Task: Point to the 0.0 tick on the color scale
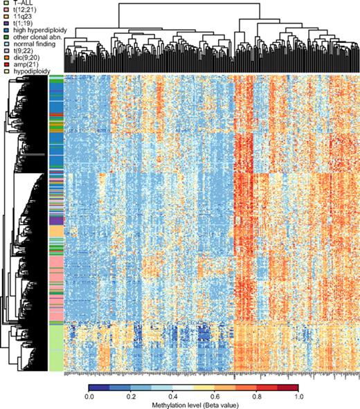tap(89, 396)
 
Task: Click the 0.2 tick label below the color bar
tap(131, 396)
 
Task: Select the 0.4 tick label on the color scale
tap(172, 396)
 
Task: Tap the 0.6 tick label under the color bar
tap(214, 396)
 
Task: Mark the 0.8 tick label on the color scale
tap(255, 396)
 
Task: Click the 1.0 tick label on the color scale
tap(297, 396)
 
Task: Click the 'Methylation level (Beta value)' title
tap(193, 404)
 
